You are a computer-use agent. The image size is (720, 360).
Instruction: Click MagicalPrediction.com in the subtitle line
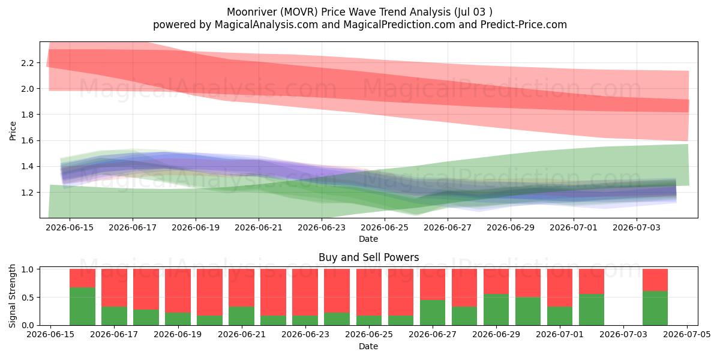point(399,25)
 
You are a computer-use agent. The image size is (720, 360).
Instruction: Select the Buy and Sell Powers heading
point(368,257)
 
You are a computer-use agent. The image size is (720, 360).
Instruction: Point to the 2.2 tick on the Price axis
point(28,63)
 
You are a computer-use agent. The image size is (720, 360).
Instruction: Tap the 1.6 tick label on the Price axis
point(28,141)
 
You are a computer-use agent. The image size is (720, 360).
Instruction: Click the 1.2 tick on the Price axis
point(28,193)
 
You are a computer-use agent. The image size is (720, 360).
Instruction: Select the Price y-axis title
point(13,131)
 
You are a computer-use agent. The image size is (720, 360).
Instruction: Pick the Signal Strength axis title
point(12,296)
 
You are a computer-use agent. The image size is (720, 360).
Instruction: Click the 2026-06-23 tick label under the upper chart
point(322,228)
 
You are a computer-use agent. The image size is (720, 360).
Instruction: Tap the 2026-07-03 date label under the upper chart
point(637,228)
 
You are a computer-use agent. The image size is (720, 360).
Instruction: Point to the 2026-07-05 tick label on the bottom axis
point(687,335)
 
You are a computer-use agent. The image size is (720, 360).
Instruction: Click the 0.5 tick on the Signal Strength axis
point(28,298)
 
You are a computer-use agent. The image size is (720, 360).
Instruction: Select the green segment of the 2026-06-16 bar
point(83,307)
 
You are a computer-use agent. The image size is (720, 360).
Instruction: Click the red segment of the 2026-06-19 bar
point(178,290)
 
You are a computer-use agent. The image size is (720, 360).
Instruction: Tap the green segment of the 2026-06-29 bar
point(496,310)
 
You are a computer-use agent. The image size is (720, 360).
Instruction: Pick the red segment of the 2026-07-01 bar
point(560,287)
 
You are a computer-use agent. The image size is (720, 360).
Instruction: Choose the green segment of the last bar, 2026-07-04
point(655,308)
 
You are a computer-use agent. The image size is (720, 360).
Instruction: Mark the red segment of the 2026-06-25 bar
point(369,292)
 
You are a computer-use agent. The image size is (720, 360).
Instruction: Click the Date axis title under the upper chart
point(368,239)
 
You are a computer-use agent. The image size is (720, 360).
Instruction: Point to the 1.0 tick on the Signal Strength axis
point(28,269)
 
